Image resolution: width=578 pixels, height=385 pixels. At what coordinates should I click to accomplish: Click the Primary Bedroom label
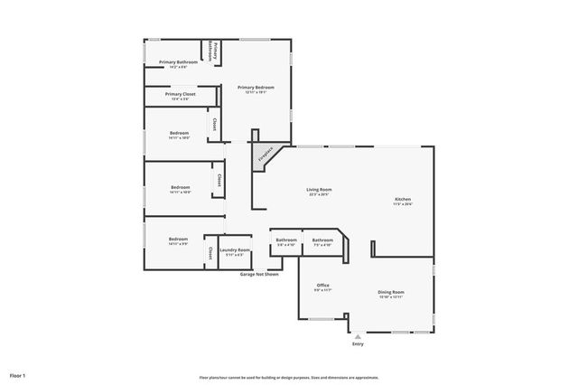(256, 88)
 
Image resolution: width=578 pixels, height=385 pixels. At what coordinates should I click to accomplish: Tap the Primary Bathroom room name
(178, 61)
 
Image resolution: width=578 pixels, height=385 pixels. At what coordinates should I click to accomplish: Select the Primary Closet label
(181, 94)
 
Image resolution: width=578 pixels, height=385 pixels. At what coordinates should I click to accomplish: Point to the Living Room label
(318, 190)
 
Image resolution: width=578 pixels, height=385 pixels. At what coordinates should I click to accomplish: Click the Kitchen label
(403, 199)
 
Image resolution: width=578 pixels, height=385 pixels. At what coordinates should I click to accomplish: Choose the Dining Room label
(390, 292)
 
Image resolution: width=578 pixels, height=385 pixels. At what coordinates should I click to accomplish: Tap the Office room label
(322, 285)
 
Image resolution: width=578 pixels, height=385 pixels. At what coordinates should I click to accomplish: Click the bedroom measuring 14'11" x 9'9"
(178, 239)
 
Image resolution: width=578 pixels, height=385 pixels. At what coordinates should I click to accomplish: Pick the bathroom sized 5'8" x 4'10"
(286, 240)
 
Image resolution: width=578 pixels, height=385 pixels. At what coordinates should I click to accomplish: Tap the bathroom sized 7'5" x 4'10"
(322, 240)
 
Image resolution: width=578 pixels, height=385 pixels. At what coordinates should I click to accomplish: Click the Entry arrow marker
(358, 336)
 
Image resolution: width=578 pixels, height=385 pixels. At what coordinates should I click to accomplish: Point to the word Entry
(358, 344)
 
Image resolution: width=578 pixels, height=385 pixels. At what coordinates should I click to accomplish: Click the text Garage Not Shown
(258, 274)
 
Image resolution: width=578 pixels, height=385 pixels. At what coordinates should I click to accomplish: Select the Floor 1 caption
(18, 374)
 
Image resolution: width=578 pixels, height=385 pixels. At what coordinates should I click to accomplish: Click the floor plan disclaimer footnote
(288, 378)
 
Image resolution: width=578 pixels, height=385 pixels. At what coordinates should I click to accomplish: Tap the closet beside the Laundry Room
(210, 251)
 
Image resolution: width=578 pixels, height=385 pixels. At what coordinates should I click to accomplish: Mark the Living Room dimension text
(318, 194)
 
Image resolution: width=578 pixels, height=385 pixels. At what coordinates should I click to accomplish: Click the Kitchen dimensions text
(403, 204)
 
